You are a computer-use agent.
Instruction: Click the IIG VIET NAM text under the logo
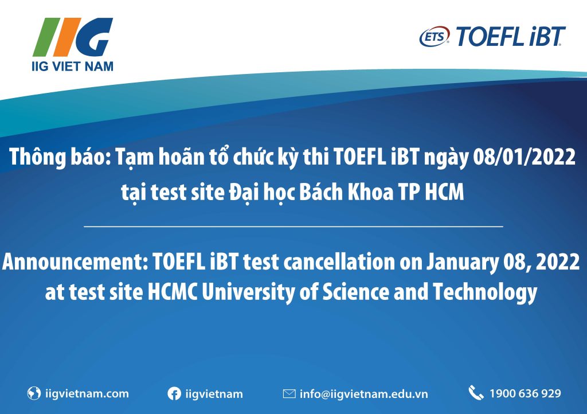point(72,67)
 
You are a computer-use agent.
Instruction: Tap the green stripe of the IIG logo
point(46,37)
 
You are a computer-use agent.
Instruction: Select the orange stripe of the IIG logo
point(68,37)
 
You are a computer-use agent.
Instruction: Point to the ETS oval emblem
point(435,37)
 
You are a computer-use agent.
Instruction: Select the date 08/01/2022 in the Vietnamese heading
point(524,157)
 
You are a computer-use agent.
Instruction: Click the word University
point(248,292)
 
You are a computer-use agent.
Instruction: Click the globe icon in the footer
point(34,393)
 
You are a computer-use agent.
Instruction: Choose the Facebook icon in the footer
point(174,394)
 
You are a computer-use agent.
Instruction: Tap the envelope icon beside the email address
point(289,394)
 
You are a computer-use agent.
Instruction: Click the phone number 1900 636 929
point(525,393)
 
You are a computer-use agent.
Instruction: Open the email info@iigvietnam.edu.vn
point(363,394)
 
